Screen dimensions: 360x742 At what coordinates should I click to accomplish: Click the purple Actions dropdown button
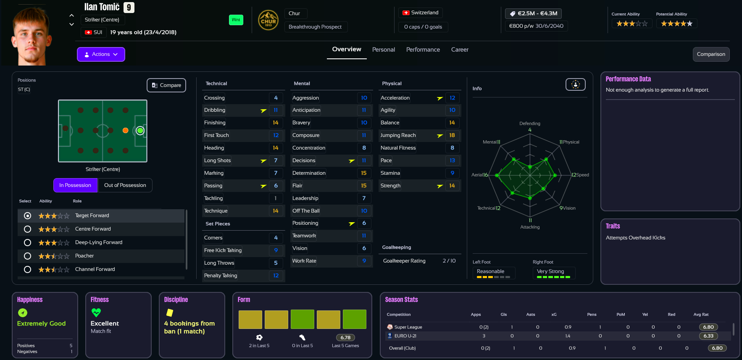pyautogui.click(x=101, y=54)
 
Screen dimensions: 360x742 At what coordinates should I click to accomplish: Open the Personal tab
pyautogui.click(x=383, y=50)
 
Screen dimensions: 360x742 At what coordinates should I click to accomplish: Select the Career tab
pyautogui.click(x=460, y=50)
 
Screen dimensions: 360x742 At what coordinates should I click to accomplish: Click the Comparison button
pyautogui.click(x=711, y=54)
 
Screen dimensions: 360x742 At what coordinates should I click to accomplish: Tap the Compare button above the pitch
pyautogui.click(x=166, y=85)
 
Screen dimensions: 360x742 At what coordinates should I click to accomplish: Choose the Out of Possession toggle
pyautogui.click(x=125, y=185)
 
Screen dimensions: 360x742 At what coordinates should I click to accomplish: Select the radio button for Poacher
pyautogui.click(x=28, y=256)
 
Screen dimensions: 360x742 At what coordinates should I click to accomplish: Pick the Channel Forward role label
pyautogui.click(x=95, y=269)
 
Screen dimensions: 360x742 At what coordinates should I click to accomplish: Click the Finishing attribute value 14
pyautogui.click(x=276, y=123)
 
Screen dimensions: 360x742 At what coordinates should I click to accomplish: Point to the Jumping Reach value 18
pyautogui.click(x=452, y=135)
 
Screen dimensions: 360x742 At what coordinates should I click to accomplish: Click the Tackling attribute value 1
pyautogui.click(x=276, y=198)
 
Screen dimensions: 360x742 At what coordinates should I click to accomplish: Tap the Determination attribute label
pyautogui.click(x=309, y=173)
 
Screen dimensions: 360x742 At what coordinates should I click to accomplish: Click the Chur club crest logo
pyautogui.click(x=268, y=20)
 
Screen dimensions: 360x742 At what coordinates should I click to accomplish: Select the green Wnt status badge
pyautogui.click(x=236, y=20)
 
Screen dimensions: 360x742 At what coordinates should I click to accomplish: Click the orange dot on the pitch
pyautogui.click(x=125, y=131)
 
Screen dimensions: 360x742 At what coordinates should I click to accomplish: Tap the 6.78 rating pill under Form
pyautogui.click(x=345, y=337)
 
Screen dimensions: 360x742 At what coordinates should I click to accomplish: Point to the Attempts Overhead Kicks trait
pyautogui.click(x=635, y=238)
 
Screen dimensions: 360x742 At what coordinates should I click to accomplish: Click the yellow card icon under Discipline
pyautogui.click(x=170, y=313)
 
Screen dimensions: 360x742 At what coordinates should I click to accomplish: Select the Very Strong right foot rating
pyautogui.click(x=550, y=271)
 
